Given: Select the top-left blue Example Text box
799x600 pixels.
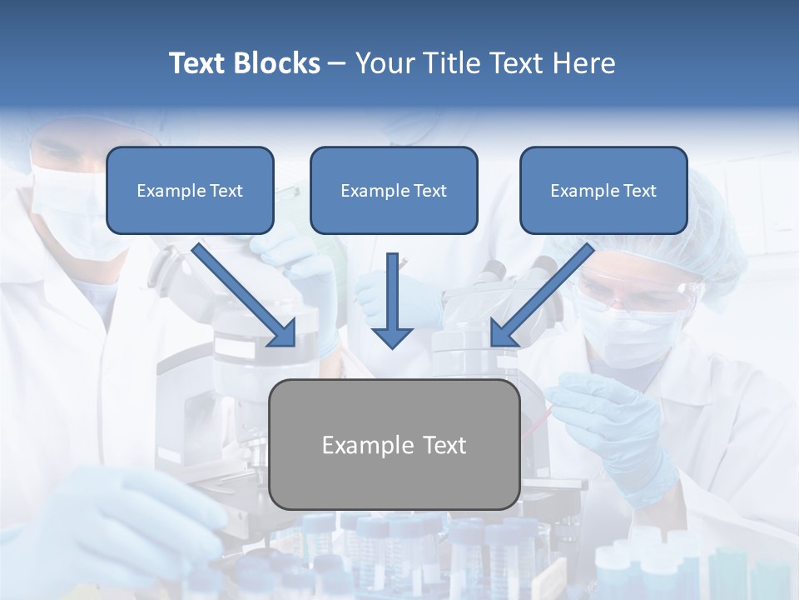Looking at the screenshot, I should (190, 190).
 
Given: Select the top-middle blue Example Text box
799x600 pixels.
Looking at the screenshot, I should (394, 190).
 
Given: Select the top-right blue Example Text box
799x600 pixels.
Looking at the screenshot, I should (603, 190).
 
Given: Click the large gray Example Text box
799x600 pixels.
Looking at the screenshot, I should (395, 444).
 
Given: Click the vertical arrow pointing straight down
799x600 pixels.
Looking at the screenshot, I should (392, 300).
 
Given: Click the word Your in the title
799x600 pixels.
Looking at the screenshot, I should (381, 63).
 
